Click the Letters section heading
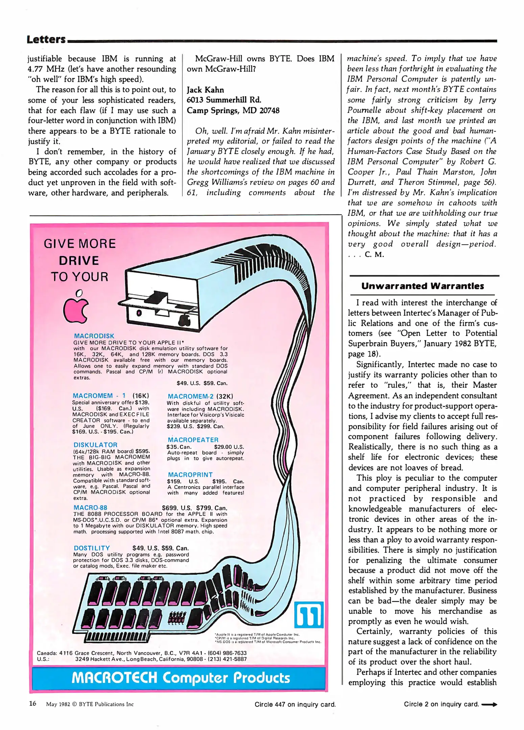[x=46, y=40]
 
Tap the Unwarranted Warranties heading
[x=422, y=286]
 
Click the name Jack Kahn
[x=205, y=90]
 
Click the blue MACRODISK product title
[x=94, y=336]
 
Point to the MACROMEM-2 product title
[x=190, y=396]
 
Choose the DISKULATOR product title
[x=95, y=445]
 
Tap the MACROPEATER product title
[x=193, y=440]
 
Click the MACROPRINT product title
[x=190, y=474]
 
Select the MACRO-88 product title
[x=90, y=507]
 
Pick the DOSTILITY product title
[x=92, y=548]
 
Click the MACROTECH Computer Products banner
[x=181, y=678]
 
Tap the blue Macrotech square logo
[x=309, y=615]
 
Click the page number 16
[x=32, y=704]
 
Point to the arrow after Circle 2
[x=489, y=705]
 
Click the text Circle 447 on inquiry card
[x=295, y=704]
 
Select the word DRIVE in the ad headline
[x=79, y=261]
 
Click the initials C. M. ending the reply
[x=374, y=254]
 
